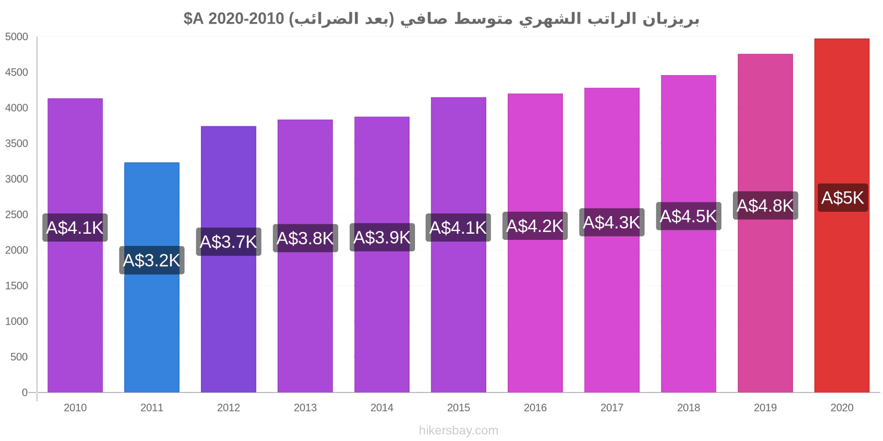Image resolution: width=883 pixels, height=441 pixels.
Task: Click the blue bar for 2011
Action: point(152,277)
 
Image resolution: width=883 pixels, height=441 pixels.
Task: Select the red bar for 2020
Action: point(842,216)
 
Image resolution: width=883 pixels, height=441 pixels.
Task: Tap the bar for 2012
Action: point(228,259)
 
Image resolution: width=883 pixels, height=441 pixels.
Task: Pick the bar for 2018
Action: point(689,234)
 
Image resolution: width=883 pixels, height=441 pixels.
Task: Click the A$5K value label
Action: point(843,198)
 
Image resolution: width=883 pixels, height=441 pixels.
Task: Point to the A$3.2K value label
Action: point(152,260)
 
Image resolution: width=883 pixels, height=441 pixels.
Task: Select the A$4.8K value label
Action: point(765,206)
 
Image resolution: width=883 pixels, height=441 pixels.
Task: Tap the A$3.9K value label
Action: point(382,238)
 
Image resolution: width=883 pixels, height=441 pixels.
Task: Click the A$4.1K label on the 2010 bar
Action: point(75,228)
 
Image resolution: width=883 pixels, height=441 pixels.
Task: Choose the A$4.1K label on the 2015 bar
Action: point(458,228)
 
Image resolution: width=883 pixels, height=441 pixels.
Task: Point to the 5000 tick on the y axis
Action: point(17,36)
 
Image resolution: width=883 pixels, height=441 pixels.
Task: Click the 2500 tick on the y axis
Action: point(17,214)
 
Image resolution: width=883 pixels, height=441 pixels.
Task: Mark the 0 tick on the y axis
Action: point(24,392)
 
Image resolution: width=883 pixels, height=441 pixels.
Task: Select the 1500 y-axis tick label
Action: point(17,286)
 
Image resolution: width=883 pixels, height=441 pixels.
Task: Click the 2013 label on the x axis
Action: point(305,407)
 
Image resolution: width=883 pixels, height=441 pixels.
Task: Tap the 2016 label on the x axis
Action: point(535,407)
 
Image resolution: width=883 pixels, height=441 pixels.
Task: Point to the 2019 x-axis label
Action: point(765,407)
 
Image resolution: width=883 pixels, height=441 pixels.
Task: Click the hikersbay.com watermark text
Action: point(459,431)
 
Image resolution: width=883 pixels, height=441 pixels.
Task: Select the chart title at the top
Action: point(441,19)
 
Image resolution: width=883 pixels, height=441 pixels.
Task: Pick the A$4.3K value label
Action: point(612,223)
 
